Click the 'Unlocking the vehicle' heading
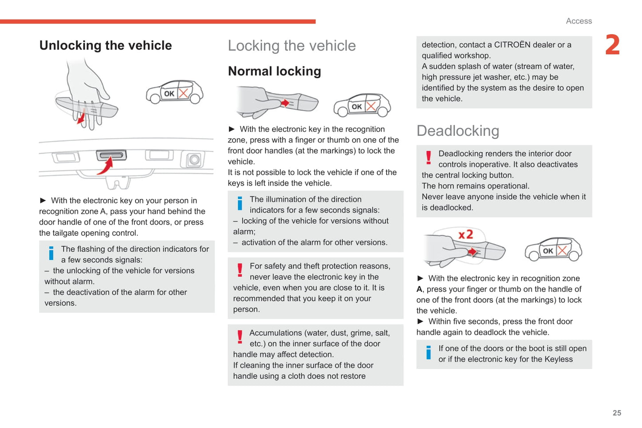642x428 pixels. [x=105, y=45]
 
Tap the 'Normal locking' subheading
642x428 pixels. [x=274, y=71]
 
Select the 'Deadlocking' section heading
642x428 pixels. [x=458, y=131]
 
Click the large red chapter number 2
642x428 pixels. [x=612, y=45]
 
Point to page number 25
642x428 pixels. [x=617, y=413]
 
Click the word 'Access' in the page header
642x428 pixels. [x=578, y=21]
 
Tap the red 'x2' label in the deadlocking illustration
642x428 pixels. [x=466, y=234]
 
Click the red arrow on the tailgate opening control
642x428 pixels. [x=105, y=166]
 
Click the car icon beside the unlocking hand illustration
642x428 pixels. [x=175, y=92]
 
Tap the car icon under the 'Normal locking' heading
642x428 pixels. [x=362, y=105]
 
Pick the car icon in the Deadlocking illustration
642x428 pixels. [x=553, y=250]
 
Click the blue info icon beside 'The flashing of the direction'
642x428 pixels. [x=51, y=253]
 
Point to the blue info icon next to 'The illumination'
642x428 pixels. [x=240, y=203]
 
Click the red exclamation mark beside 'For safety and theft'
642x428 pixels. [x=240, y=270]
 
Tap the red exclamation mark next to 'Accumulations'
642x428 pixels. [x=240, y=337]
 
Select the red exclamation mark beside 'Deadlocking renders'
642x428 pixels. [x=428, y=158]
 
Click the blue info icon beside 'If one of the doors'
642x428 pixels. [x=428, y=353]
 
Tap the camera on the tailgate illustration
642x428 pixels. [x=194, y=160]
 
